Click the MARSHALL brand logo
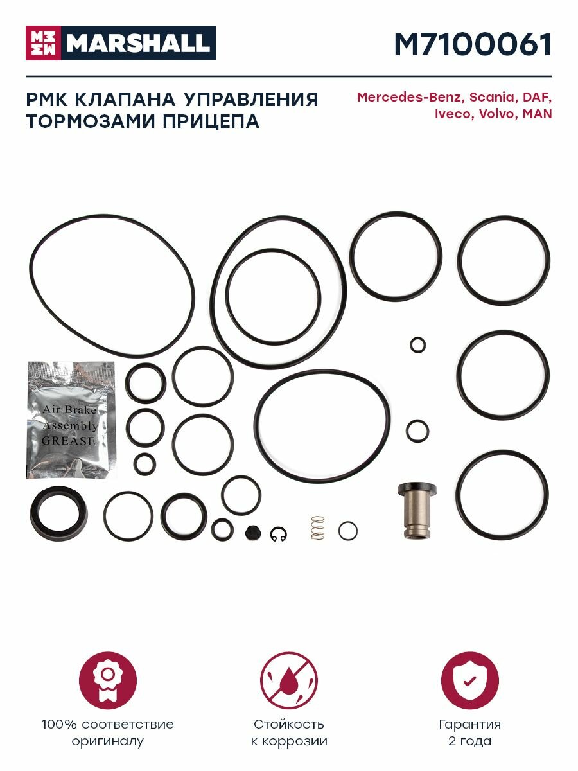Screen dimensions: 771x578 click(x=121, y=43)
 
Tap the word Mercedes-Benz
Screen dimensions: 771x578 click(x=409, y=98)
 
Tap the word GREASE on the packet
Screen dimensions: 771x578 click(x=69, y=441)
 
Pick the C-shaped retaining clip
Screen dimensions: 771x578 click(x=279, y=533)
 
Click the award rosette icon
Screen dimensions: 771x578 click(x=108, y=680)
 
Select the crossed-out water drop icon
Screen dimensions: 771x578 click(x=288, y=680)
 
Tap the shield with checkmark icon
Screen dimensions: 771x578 click(x=469, y=680)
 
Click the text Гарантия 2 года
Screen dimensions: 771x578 click(x=469, y=732)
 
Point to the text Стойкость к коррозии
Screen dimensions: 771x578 click(x=288, y=732)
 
